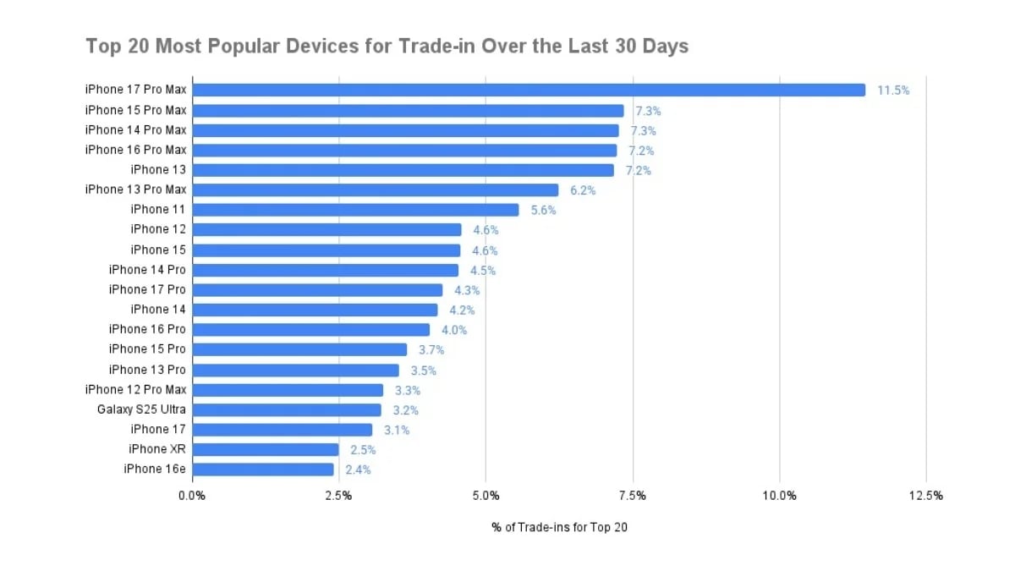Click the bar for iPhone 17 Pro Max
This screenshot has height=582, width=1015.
529,90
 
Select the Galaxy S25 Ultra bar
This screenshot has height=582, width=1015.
287,409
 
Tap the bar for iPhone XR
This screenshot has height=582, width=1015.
266,449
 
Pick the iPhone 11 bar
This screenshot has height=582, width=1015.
355,210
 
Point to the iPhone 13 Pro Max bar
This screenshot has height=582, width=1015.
376,189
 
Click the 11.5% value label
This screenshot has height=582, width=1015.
893,91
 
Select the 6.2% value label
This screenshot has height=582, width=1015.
583,190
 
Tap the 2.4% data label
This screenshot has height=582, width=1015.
358,469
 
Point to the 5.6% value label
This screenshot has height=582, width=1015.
544,211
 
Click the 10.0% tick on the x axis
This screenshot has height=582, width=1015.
779,496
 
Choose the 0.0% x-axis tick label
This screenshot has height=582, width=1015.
192,496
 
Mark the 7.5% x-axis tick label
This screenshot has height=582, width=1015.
633,496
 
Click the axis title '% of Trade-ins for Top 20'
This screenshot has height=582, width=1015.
559,527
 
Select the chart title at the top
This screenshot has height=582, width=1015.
387,46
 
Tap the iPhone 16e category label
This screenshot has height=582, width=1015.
155,469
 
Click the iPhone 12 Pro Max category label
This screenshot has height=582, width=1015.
136,389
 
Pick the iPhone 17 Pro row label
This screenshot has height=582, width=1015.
148,289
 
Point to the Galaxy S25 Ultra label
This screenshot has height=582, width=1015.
142,409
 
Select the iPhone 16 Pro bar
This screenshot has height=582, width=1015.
310,329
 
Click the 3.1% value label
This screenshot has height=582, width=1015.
397,430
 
